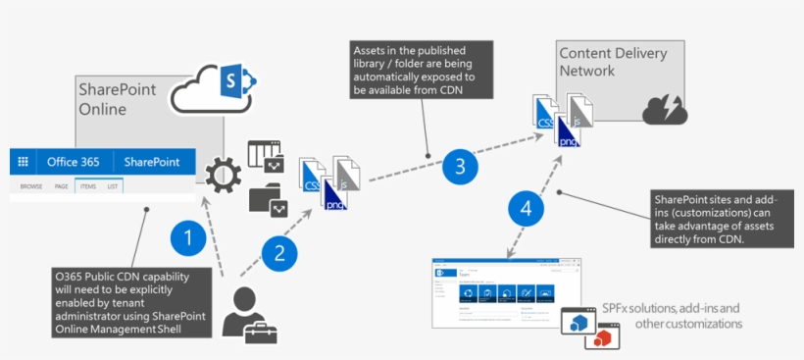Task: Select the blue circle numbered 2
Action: click(x=278, y=255)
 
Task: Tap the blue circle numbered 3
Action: click(x=459, y=167)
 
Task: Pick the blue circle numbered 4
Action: click(x=527, y=209)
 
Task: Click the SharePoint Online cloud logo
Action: click(x=213, y=85)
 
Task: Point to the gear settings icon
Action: click(x=223, y=177)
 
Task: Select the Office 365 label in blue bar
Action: click(x=75, y=162)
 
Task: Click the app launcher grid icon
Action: click(x=24, y=162)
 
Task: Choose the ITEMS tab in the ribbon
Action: click(x=86, y=185)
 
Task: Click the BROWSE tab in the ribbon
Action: click(x=31, y=185)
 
